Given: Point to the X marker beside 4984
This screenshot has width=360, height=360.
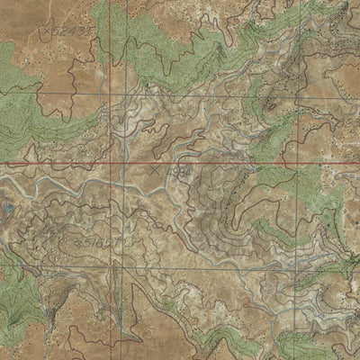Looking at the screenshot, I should point(158,168).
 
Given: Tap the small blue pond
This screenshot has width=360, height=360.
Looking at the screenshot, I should point(6,207).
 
